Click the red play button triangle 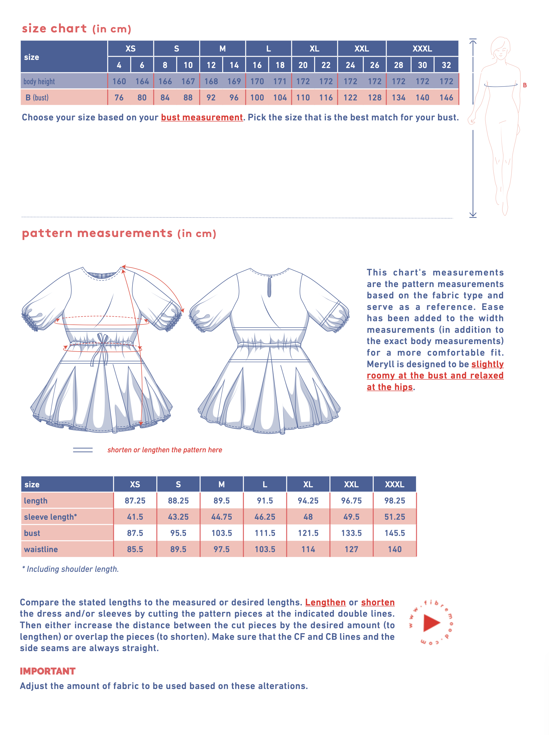(431, 623)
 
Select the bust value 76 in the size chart (119, 98)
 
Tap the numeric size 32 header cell (446, 65)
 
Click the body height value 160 (119, 81)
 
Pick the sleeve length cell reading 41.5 (135, 517)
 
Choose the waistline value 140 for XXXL (395, 549)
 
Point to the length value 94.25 (308, 500)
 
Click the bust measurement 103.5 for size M (222, 533)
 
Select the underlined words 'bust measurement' (202, 117)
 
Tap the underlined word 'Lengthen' (325, 602)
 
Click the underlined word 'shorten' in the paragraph (378, 602)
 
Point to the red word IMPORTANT (47, 671)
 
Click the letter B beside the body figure (525, 85)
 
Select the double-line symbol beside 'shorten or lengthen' (83, 450)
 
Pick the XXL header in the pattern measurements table (351, 484)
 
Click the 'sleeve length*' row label (50, 517)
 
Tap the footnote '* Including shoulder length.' (70, 569)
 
